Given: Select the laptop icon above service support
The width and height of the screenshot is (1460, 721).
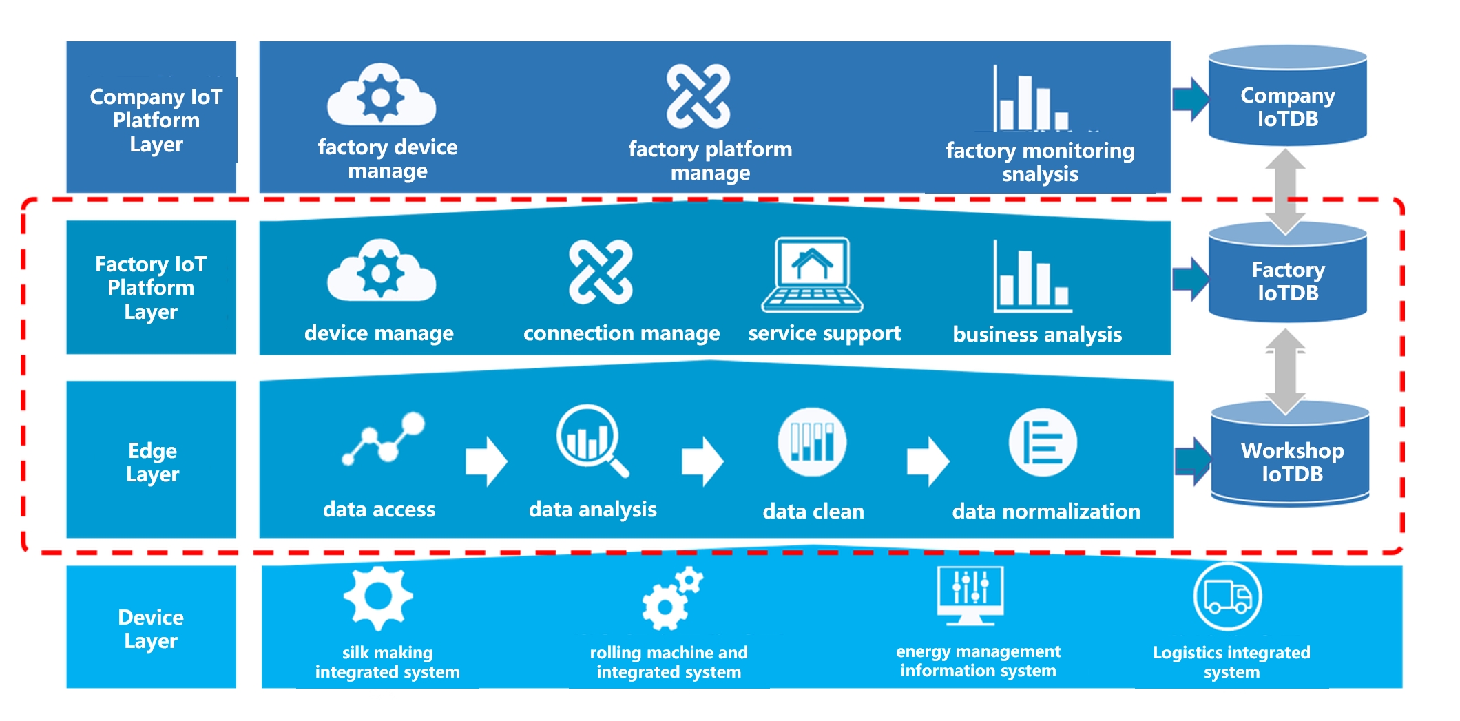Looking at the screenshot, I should click(812, 275).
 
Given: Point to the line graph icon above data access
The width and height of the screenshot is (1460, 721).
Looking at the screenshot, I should click(384, 438).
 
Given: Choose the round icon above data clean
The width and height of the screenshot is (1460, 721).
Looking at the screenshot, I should click(812, 441).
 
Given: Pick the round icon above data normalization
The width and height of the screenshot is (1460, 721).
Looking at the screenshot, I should click(1042, 443).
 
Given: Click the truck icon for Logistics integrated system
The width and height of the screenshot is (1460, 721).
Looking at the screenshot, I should click(1227, 596).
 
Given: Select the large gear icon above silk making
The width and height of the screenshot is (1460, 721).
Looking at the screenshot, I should click(378, 597).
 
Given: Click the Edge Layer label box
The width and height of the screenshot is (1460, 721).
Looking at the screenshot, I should click(151, 459).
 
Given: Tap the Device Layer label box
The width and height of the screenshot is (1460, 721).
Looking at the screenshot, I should click(151, 627).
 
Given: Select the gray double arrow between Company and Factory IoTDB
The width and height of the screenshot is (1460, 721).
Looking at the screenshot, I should click(1285, 191).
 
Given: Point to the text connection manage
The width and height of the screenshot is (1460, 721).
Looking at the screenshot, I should click(621, 333).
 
